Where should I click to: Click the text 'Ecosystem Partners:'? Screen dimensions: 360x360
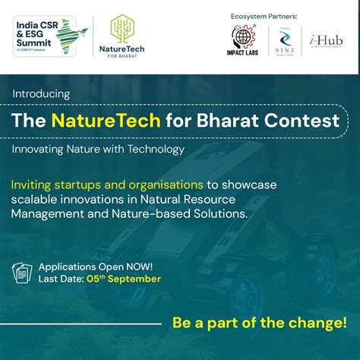pyautogui.click(x=263, y=16)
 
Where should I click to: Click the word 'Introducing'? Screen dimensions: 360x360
pyautogui.click(x=41, y=93)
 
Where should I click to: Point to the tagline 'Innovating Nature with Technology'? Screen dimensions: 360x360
pyautogui.click(x=98, y=149)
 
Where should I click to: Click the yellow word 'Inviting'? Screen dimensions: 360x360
pyautogui.click(x=34, y=185)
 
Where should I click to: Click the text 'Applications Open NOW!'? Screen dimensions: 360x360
pyautogui.click(x=95, y=267)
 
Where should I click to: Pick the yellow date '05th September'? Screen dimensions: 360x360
pyautogui.click(x=122, y=279)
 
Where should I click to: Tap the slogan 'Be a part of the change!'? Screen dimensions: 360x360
pyautogui.click(x=259, y=322)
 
